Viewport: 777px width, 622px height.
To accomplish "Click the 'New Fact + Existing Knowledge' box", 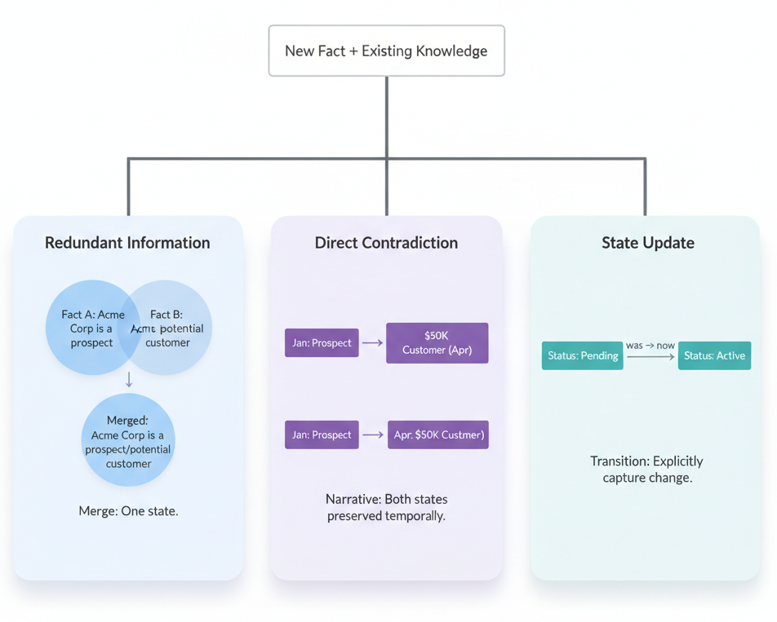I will point(386,51).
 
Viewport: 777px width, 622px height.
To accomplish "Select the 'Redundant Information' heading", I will point(127,243).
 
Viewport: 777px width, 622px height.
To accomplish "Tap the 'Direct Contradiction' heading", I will point(386,243).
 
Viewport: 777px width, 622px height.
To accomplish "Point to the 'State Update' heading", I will point(647,243).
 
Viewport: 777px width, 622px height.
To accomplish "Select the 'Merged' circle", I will point(128,440).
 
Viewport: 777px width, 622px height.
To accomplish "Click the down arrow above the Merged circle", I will point(129,380).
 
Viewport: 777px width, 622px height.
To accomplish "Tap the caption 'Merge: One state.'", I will point(128,511).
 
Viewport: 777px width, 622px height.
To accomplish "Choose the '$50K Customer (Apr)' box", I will point(437,342).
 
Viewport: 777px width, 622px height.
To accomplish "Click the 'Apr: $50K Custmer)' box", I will point(437,435).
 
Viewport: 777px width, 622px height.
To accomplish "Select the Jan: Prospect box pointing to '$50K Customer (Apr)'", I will point(322,343).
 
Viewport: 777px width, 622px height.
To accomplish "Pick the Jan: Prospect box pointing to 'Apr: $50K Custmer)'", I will point(322,435).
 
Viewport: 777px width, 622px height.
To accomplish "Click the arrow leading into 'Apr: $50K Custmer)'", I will point(373,435).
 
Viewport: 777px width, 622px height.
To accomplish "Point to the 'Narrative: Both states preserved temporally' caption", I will point(386,507).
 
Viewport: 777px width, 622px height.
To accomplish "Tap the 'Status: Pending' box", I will point(582,355).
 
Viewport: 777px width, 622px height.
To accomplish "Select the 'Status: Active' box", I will point(714,355).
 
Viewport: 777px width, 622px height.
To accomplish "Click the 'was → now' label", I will point(650,346).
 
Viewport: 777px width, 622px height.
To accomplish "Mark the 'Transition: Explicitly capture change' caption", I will point(646,470).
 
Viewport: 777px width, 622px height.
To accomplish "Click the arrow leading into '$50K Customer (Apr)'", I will point(372,343).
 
